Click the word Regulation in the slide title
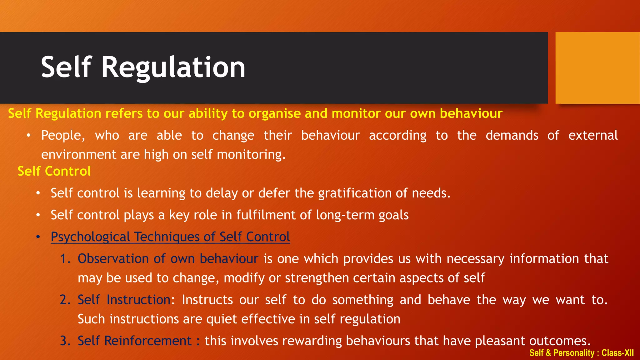coord(173,67)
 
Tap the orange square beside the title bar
coord(597,68)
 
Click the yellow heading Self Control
coord(54,171)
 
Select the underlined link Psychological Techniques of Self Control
coord(170,237)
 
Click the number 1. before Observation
coord(66,259)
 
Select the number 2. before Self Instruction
coord(66,300)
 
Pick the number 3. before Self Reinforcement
coord(66,341)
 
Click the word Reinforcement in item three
coord(147,341)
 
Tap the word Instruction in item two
coord(139,300)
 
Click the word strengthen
coord(317,278)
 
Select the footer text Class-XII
coord(617,353)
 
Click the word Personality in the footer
coord(574,353)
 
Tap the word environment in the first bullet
coord(79,155)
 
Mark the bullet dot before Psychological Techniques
coord(38,237)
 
